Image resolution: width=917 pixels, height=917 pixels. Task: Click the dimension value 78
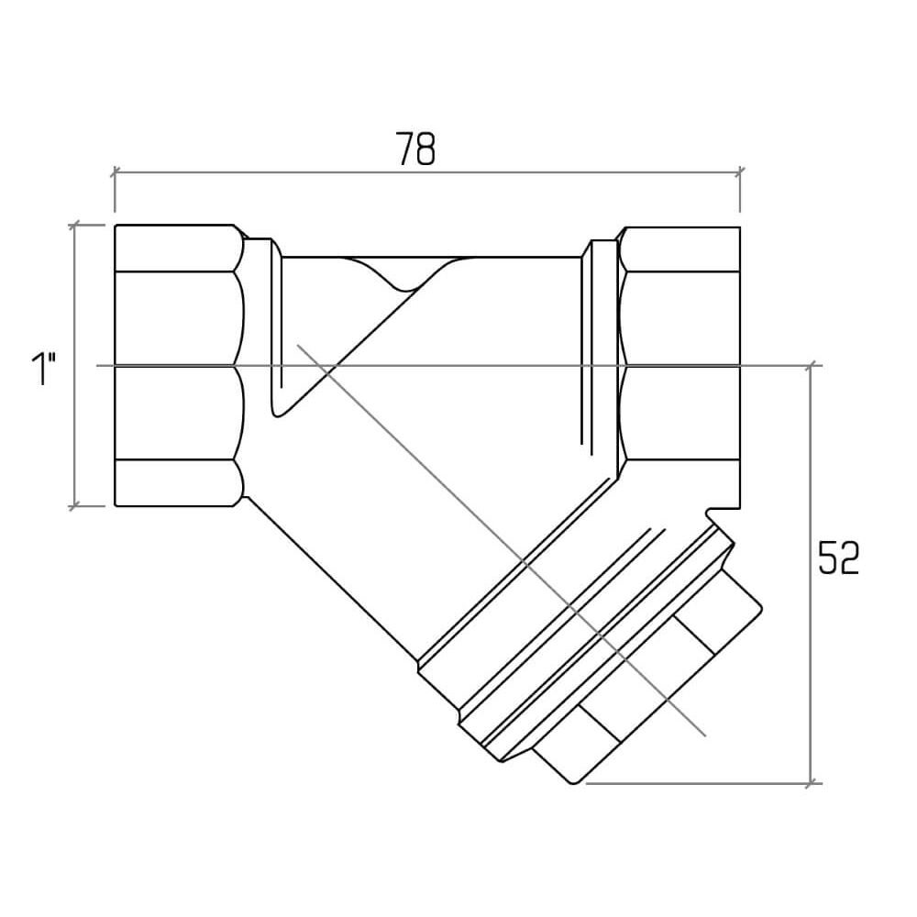pyautogui.click(x=415, y=149)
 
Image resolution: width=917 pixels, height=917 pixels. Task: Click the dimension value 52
pyautogui.click(x=838, y=558)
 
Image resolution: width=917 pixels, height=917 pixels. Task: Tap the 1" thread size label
pyautogui.click(x=43, y=369)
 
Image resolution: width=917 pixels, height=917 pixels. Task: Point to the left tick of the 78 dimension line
pyautogui.click(x=115, y=172)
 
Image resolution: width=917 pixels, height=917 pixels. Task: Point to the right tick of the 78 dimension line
pyautogui.click(x=740, y=172)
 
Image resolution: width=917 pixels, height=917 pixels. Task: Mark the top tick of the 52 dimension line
pyautogui.click(x=811, y=366)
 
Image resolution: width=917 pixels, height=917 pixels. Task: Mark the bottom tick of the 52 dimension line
pyautogui.click(x=811, y=783)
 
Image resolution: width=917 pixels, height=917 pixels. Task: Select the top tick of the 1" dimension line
pyautogui.click(x=74, y=226)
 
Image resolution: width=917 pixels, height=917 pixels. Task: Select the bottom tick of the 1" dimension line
pyautogui.click(x=74, y=505)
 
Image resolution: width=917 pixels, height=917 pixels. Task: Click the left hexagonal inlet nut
pyautogui.click(x=179, y=366)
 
